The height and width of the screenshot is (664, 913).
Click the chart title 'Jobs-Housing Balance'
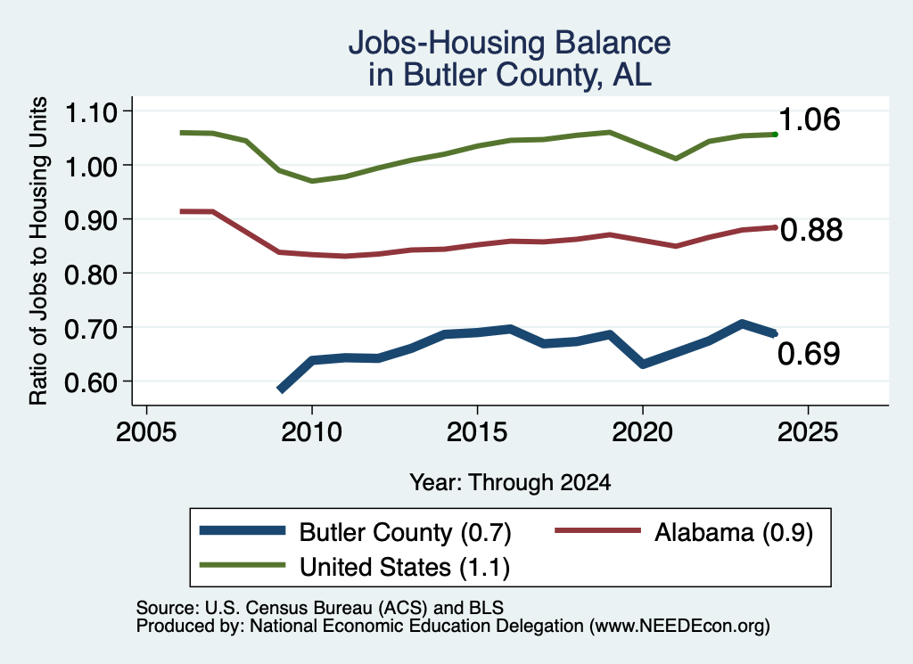(x=509, y=43)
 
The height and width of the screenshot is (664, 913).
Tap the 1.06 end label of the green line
(x=809, y=119)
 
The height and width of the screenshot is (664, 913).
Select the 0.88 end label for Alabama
(x=811, y=230)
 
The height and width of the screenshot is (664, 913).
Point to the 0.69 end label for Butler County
(x=809, y=354)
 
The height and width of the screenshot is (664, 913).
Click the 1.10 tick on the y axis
(x=91, y=111)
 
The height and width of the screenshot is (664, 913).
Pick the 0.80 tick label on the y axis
(x=91, y=275)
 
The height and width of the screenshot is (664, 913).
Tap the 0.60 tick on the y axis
(x=91, y=382)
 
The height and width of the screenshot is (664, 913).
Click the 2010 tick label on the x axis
(x=311, y=431)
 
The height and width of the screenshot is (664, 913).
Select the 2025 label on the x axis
(x=808, y=431)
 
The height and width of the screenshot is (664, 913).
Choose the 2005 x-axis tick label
(x=146, y=431)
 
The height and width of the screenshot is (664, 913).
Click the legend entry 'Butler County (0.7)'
(x=406, y=532)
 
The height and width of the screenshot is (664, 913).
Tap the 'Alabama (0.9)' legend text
(x=734, y=532)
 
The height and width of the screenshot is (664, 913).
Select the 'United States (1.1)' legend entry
(x=405, y=568)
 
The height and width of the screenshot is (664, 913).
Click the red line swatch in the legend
(x=597, y=530)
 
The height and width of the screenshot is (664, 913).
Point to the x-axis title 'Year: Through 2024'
(x=510, y=482)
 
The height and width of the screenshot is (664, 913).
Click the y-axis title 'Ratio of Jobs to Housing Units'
(x=38, y=250)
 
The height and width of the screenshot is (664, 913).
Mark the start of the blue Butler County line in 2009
(x=281, y=389)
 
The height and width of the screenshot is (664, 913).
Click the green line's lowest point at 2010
(x=312, y=181)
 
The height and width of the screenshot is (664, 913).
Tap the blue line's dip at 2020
(x=643, y=365)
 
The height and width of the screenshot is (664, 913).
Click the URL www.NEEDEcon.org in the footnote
(x=679, y=626)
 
